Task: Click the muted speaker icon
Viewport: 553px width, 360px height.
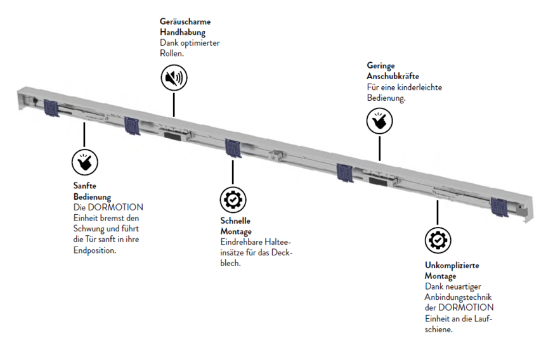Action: pyautogui.click(x=173, y=78)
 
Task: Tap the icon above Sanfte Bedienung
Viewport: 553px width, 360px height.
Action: pyautogui.click(x=84, y=162)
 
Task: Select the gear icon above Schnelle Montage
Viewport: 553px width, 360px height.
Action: pyautogui.click(x=233, y=199)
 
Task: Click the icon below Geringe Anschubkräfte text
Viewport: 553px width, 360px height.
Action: pyautogui.click(x=379, y=120)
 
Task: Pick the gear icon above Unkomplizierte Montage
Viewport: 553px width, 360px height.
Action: pyautogui.click(x=438, y=240)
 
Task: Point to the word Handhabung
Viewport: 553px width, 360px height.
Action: pyautogui.click(x=182, y=32)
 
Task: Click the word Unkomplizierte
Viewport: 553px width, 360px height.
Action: pyautogui.click(x=451, y=266)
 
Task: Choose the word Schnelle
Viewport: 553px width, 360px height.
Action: pyautogui.click(x=235, y=221)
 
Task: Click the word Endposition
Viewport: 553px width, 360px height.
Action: pyautogui.click(x=95, y=250)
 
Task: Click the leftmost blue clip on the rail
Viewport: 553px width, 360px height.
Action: pyautogui.click(x=51, y=108)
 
